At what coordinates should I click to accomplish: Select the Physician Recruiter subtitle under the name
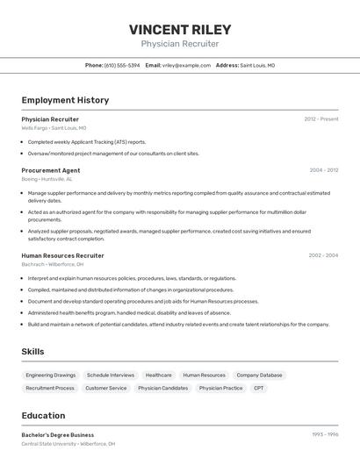[180, 44]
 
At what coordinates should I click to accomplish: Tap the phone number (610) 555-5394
[122, 65]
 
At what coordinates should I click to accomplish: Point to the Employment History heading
[65, 100]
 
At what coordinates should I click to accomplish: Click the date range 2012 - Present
[320, 118]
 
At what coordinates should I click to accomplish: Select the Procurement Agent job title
[51, 170]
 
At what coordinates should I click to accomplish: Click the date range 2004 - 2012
[323, 170]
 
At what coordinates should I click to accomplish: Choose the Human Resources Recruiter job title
[62, 255]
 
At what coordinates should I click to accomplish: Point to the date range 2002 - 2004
[323, 255]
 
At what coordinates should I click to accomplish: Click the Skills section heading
[33, 352]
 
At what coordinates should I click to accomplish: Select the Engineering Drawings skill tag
[50, 375]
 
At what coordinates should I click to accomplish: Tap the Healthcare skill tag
[159, 375]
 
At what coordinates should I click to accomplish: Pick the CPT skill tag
[258, 388]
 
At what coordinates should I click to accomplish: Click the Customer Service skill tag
[105, 388]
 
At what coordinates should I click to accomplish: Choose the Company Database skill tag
[259, 375]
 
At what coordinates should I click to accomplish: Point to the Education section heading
[43, 416]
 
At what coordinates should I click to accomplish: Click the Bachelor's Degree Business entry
[58, 434]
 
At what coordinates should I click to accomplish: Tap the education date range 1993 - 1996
[324, 434]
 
